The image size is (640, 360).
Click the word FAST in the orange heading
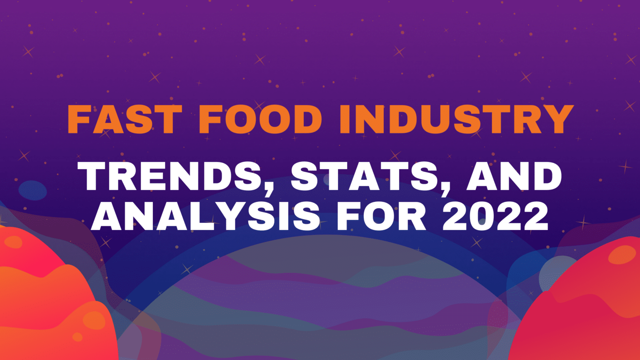coord(125,119)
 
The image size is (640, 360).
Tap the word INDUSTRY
coord(456,119)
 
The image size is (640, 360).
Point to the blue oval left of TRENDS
coord(32,190)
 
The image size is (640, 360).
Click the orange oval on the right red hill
coord(622,255)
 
